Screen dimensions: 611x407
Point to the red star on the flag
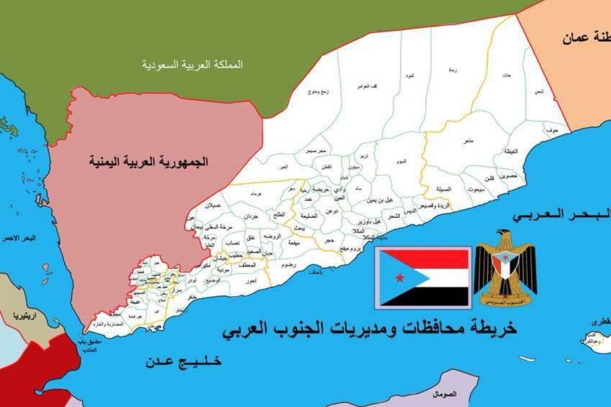click(399, 277)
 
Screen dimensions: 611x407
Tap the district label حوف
click(549, 130)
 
